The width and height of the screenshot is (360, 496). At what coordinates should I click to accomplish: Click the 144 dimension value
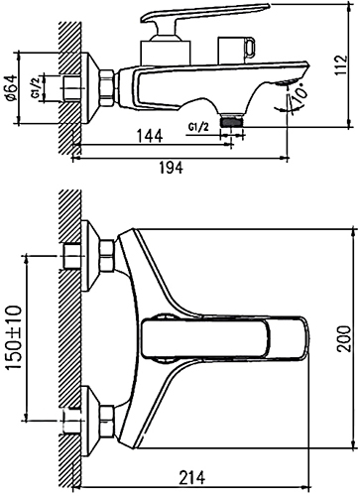(150, 136)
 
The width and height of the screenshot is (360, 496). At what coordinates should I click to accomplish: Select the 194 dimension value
(171, 168)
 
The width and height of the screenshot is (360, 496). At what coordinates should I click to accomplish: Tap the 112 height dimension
(341, 64)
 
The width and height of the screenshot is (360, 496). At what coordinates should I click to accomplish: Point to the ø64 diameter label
(11, 87)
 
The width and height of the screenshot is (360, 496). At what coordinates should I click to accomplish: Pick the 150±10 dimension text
(14, 337)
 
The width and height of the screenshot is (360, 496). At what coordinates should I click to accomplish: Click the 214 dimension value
(192, 477)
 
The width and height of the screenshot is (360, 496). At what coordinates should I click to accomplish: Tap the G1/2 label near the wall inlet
(36, 87)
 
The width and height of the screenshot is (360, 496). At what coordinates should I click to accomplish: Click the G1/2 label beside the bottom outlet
(198, 127)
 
